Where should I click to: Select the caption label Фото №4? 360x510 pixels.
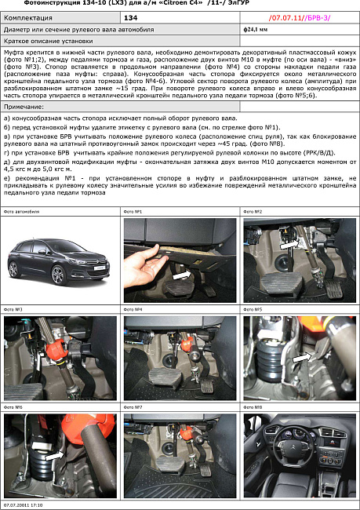133,311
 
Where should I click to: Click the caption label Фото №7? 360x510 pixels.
133,408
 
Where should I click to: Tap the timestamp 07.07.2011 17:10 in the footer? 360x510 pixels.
24,505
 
